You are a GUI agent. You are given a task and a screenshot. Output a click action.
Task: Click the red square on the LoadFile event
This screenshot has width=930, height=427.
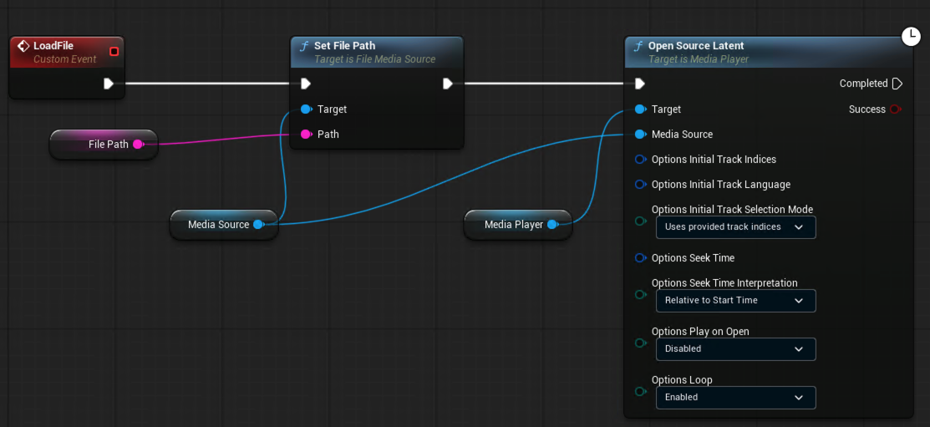click(114, 52)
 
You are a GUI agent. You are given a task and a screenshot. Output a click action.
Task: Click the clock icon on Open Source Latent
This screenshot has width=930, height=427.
click(911, 36)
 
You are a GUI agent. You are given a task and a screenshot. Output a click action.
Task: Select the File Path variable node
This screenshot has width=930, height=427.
click(104, 144)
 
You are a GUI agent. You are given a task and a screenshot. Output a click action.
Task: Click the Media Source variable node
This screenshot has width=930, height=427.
click(224, 225)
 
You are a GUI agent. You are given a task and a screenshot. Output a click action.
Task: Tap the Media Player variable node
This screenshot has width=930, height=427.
click(518, 225)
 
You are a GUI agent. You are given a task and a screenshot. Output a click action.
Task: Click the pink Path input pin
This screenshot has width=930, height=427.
click(306, 135)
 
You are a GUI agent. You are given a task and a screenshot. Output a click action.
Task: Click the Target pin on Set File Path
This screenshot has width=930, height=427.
click(306, 109)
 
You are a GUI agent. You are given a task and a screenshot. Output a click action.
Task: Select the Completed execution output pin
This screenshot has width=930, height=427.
click(897, 84)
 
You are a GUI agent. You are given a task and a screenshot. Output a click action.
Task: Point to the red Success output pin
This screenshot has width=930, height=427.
click(896, 109)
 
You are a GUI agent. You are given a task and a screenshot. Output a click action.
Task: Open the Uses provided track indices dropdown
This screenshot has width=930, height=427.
click(735, 227)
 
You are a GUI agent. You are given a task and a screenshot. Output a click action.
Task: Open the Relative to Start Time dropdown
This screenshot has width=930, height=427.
click(735, 301)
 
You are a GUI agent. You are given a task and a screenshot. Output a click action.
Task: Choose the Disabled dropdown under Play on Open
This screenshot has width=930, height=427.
click(735, 349)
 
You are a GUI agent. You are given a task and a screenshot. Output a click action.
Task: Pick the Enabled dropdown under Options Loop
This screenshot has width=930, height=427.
click(735, 398)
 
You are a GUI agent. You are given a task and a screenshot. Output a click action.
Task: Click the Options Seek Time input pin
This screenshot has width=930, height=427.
click(640, 258)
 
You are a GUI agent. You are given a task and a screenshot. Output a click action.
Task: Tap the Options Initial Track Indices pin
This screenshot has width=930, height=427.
click(640, 160)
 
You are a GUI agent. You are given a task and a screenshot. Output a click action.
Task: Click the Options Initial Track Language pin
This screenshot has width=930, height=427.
click(640, 185)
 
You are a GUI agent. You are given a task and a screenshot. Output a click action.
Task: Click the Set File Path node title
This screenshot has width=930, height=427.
click(344, 46)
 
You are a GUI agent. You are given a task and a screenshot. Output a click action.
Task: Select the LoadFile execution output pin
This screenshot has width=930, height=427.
click(109, 84)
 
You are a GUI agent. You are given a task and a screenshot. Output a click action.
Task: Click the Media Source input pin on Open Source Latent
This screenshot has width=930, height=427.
click(640, 135)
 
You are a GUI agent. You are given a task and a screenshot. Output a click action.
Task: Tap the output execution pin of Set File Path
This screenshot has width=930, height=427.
click(448, 84)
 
